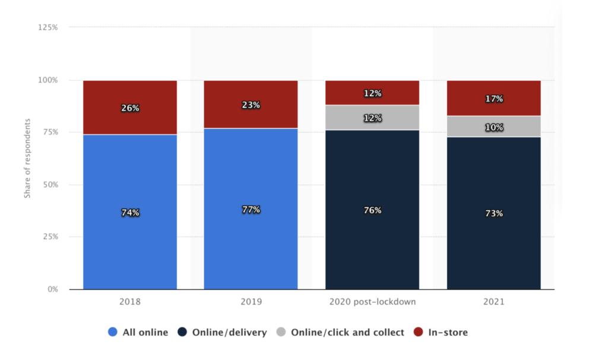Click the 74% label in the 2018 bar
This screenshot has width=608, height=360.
tap(130, 212)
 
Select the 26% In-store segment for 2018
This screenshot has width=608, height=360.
tap(130, 108)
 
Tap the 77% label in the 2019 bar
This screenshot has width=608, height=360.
tap(251, 210)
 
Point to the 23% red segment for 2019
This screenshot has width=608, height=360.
tap(251, 105)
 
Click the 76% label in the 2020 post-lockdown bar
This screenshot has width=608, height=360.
tap(372, 210)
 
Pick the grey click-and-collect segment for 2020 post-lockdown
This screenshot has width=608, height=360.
tap(372, 118)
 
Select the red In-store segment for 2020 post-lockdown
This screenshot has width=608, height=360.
tap(372, 93)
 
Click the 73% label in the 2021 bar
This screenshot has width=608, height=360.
tap(493, 213)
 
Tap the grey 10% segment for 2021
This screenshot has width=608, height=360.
tap(493, 127)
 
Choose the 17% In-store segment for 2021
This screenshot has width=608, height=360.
tap(493, 99)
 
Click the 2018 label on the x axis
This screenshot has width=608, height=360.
tap(130, 302)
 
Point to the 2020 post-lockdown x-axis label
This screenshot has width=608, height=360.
tap(372, 302)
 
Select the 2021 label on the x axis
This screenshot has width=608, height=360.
tap(493, 302)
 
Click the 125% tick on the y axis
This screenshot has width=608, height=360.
tap(48, 27)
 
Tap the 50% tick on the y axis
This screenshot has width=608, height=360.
tap(50, 185)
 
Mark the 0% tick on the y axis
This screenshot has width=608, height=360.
tap(52, 289)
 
